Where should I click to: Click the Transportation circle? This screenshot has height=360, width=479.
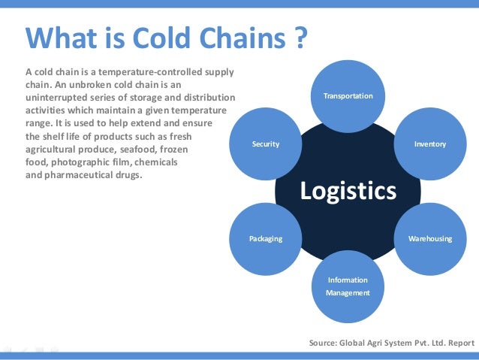[x=348, y=96]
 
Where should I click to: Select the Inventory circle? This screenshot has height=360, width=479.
[x=429, y=144]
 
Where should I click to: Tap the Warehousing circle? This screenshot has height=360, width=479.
[x=429, y=239]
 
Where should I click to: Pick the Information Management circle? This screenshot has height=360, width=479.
[x=348, y=286]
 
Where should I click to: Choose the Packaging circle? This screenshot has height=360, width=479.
[x=265, y=239]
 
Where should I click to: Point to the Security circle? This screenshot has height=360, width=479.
[x=265, y=144]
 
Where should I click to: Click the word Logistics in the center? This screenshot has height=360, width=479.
[x=348, y=191]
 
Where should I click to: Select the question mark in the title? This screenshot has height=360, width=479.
[x=299, y=37]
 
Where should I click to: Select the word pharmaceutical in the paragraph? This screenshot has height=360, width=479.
[x=80, y=175]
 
